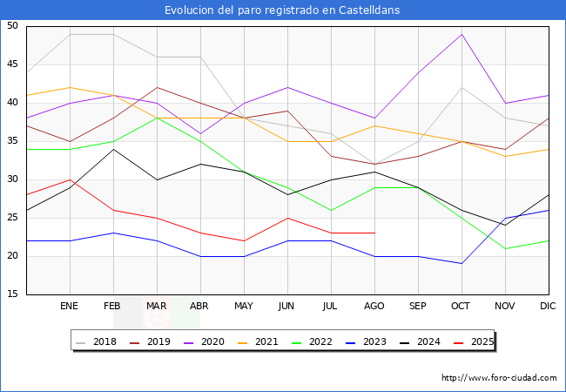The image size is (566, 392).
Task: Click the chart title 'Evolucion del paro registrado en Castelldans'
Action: [x=283, y=10]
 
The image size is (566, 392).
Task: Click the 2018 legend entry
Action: [x=97, y=341]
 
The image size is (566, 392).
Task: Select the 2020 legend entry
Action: [x=204, y=341]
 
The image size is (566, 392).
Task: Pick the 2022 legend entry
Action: [x=312, y=341]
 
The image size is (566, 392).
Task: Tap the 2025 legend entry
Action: [x=471, y=341]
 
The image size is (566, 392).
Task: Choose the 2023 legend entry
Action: [x=365, y=341]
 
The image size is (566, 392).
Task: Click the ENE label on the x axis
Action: [x=70, y=307]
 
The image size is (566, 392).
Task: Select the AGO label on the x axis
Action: [x=374, y=307]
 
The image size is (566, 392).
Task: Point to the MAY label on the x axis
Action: [x=244, y=307]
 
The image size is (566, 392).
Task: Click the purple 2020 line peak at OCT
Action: [x=462, y=34]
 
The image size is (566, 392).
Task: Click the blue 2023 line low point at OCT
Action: [x=462, y=263]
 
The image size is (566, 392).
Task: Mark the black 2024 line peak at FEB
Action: [x=113, y=149]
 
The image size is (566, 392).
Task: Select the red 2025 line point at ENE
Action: [x=70, y=179]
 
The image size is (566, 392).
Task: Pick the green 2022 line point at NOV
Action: [x=505, y=248]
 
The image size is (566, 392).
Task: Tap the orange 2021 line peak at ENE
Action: [x=70, y=87]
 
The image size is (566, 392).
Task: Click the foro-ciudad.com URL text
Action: [x=499, y=378]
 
